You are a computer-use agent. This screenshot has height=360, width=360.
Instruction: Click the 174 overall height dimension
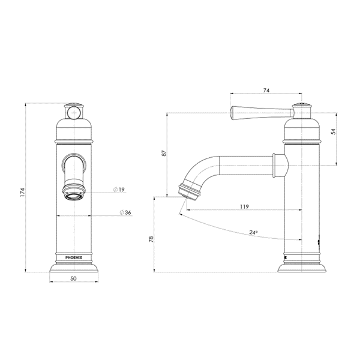(x=22, y=193)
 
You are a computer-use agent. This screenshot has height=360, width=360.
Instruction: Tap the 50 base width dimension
(x=73, y=278)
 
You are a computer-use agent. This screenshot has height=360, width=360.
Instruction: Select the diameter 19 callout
(x=119, y=190)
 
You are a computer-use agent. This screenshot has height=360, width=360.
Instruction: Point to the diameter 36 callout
(x=125, y=212)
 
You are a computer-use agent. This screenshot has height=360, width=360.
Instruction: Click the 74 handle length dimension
(x=266, y=91)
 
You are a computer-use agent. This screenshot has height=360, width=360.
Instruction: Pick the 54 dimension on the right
(x=334, y=131)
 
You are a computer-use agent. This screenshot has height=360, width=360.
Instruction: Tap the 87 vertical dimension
(x=164, y=154)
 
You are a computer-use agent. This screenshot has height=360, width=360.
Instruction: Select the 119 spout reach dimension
(x=244, y=206)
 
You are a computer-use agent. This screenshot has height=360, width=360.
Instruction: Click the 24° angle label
(x=253, y=232)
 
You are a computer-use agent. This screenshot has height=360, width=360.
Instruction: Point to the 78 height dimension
(x=151, y=239)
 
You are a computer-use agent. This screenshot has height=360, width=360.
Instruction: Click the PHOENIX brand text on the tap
(x=74, y=257)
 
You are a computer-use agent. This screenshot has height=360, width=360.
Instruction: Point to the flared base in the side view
(x=301, y=268)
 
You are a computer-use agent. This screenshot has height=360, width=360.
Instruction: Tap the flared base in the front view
(x=74, y=268)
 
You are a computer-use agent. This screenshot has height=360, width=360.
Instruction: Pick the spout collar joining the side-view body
(x=280, y=166)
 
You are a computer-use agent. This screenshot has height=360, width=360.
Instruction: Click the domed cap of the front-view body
(x=74, y=129)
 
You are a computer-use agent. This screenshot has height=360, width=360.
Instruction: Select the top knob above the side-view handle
(x=302, y=106)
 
